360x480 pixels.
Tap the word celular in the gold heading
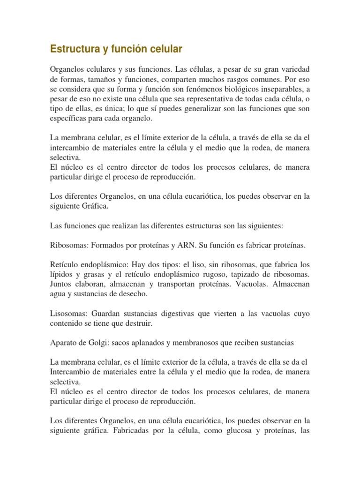[x=165, y=49]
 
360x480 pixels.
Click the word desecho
[x=133, y=294]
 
